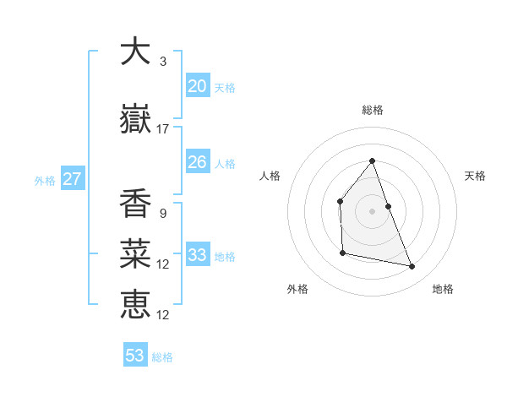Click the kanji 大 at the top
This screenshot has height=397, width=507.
pyautogui.click(x=135, y=52)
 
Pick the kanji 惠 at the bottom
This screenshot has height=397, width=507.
pyautogui.click(x=135, y=303)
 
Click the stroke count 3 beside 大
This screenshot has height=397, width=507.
pyautogui.click(x=163, y=62)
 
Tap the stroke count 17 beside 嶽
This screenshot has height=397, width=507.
pyautogui.click(x=163, y=128)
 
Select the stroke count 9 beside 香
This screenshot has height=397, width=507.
pyautogui.click(x=163, y=213)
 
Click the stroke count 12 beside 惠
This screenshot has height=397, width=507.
pyautogui.click(x=163, y=314)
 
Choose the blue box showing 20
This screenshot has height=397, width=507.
pyautogui.click(x=198, y=85)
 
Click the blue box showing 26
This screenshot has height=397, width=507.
pyautogui.click(x=198, y=162)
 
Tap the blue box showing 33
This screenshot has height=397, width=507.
pyautogui.click(x=198, y=255)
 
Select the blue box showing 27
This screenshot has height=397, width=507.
pyautogui.click(x=72, y=179)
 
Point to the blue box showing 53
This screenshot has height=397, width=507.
pyautogui.click(x=135, y=356)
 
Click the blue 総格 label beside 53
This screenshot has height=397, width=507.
pyautogui.click(x=163, y=357)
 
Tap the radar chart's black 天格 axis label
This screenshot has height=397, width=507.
pyautogui.click(x=475, y=176)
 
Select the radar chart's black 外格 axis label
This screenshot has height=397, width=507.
pyautogui.click(x=297, y=289)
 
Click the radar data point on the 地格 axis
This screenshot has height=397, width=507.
pyautogui.click(x=412, y=267)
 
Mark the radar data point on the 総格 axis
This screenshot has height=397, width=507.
pyautogui.click(x=372, y=161)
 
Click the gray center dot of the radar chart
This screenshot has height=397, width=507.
pyautogui.click(x=372, y=210)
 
